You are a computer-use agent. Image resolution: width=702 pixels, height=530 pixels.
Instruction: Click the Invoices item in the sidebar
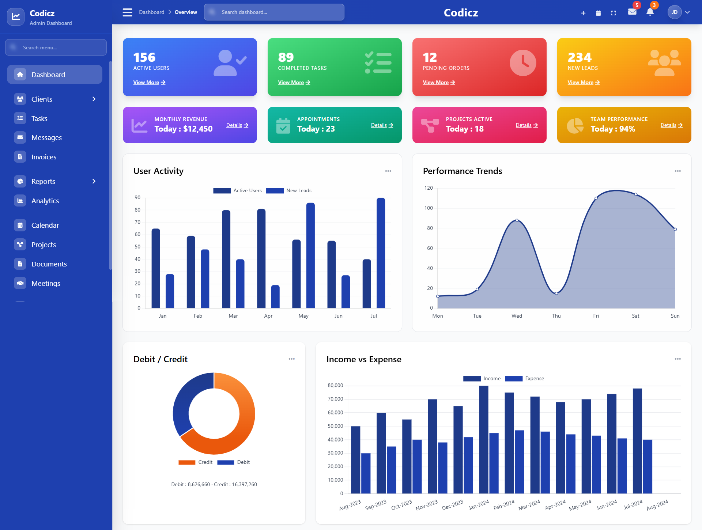(x=44, y=157)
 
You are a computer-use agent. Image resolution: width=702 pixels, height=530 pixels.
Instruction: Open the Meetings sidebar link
(x=46, y=283)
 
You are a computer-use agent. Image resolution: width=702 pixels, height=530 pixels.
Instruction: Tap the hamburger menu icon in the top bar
(x=127, y=12)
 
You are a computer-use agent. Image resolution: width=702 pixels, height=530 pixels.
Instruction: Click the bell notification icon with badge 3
(x=650, y=12)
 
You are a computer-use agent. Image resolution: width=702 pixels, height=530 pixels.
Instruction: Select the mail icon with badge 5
(x=632, y=12)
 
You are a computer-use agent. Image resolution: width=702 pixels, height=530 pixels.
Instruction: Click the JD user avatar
(x=674, y=12)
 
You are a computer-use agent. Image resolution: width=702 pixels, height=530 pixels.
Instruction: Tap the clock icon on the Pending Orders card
(x=523, y=63)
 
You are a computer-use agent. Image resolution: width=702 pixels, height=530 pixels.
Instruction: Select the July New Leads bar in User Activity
(x=381, y=253)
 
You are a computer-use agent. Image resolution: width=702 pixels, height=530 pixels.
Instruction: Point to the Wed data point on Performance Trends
(x=517, y=220)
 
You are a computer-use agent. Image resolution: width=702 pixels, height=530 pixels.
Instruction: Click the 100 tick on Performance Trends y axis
(x=429, y=208)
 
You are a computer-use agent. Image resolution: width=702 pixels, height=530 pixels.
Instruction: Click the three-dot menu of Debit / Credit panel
(x=291, y=359)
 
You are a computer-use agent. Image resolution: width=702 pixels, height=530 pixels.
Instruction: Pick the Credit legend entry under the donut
(x=196, y=462)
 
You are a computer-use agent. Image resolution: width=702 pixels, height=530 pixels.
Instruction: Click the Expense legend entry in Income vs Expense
(x=525, y=379)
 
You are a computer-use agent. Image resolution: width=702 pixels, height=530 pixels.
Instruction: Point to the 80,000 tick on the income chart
(x=335, y=386)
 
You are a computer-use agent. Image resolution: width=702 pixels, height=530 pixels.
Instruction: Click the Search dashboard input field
(x=274, y=12)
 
